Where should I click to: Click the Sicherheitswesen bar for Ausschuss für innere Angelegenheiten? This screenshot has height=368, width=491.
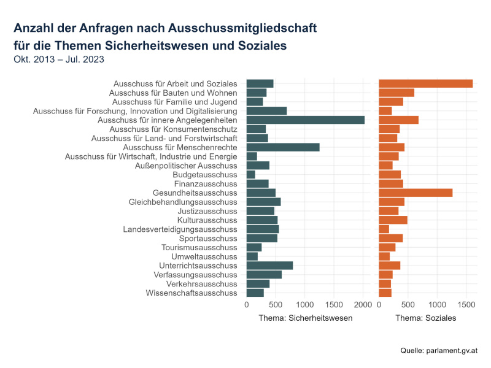(x=305, y=120)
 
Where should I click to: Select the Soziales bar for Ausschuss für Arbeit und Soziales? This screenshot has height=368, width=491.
(x=425, y=83)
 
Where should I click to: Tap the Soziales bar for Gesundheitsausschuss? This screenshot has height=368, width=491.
(x=416, y=193)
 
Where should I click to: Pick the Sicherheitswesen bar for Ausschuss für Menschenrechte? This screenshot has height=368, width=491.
(x=283, y=147)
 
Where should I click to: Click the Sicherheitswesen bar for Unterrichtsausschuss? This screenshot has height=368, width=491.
(x=269, y=266)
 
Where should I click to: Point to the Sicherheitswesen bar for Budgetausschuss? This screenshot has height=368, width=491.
(x=250, y=175)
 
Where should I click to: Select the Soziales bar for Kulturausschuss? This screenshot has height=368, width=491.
(x=393, y=220)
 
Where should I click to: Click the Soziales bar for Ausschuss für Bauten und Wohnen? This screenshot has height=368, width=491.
(x=396, y=93)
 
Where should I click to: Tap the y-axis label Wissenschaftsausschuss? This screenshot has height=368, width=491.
(x=191, y=293)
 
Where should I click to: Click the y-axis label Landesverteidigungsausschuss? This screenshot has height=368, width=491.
(x=180, y=229)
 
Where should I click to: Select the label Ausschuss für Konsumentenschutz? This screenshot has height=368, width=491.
(x=173, y=129)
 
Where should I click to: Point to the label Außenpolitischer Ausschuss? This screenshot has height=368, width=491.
(x=185, y=166)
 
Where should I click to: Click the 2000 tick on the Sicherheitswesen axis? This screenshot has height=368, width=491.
(x=363, y=304)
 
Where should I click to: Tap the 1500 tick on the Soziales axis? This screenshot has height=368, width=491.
(x=466, y=304)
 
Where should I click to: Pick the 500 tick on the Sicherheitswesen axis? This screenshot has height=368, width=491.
(x=276, y=304)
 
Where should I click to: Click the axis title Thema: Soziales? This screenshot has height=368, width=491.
(x=425, y=318)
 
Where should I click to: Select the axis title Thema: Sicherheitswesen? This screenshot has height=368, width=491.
(x=305, y=318)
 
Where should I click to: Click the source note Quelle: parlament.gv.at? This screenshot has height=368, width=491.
(x=438, y=350)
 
